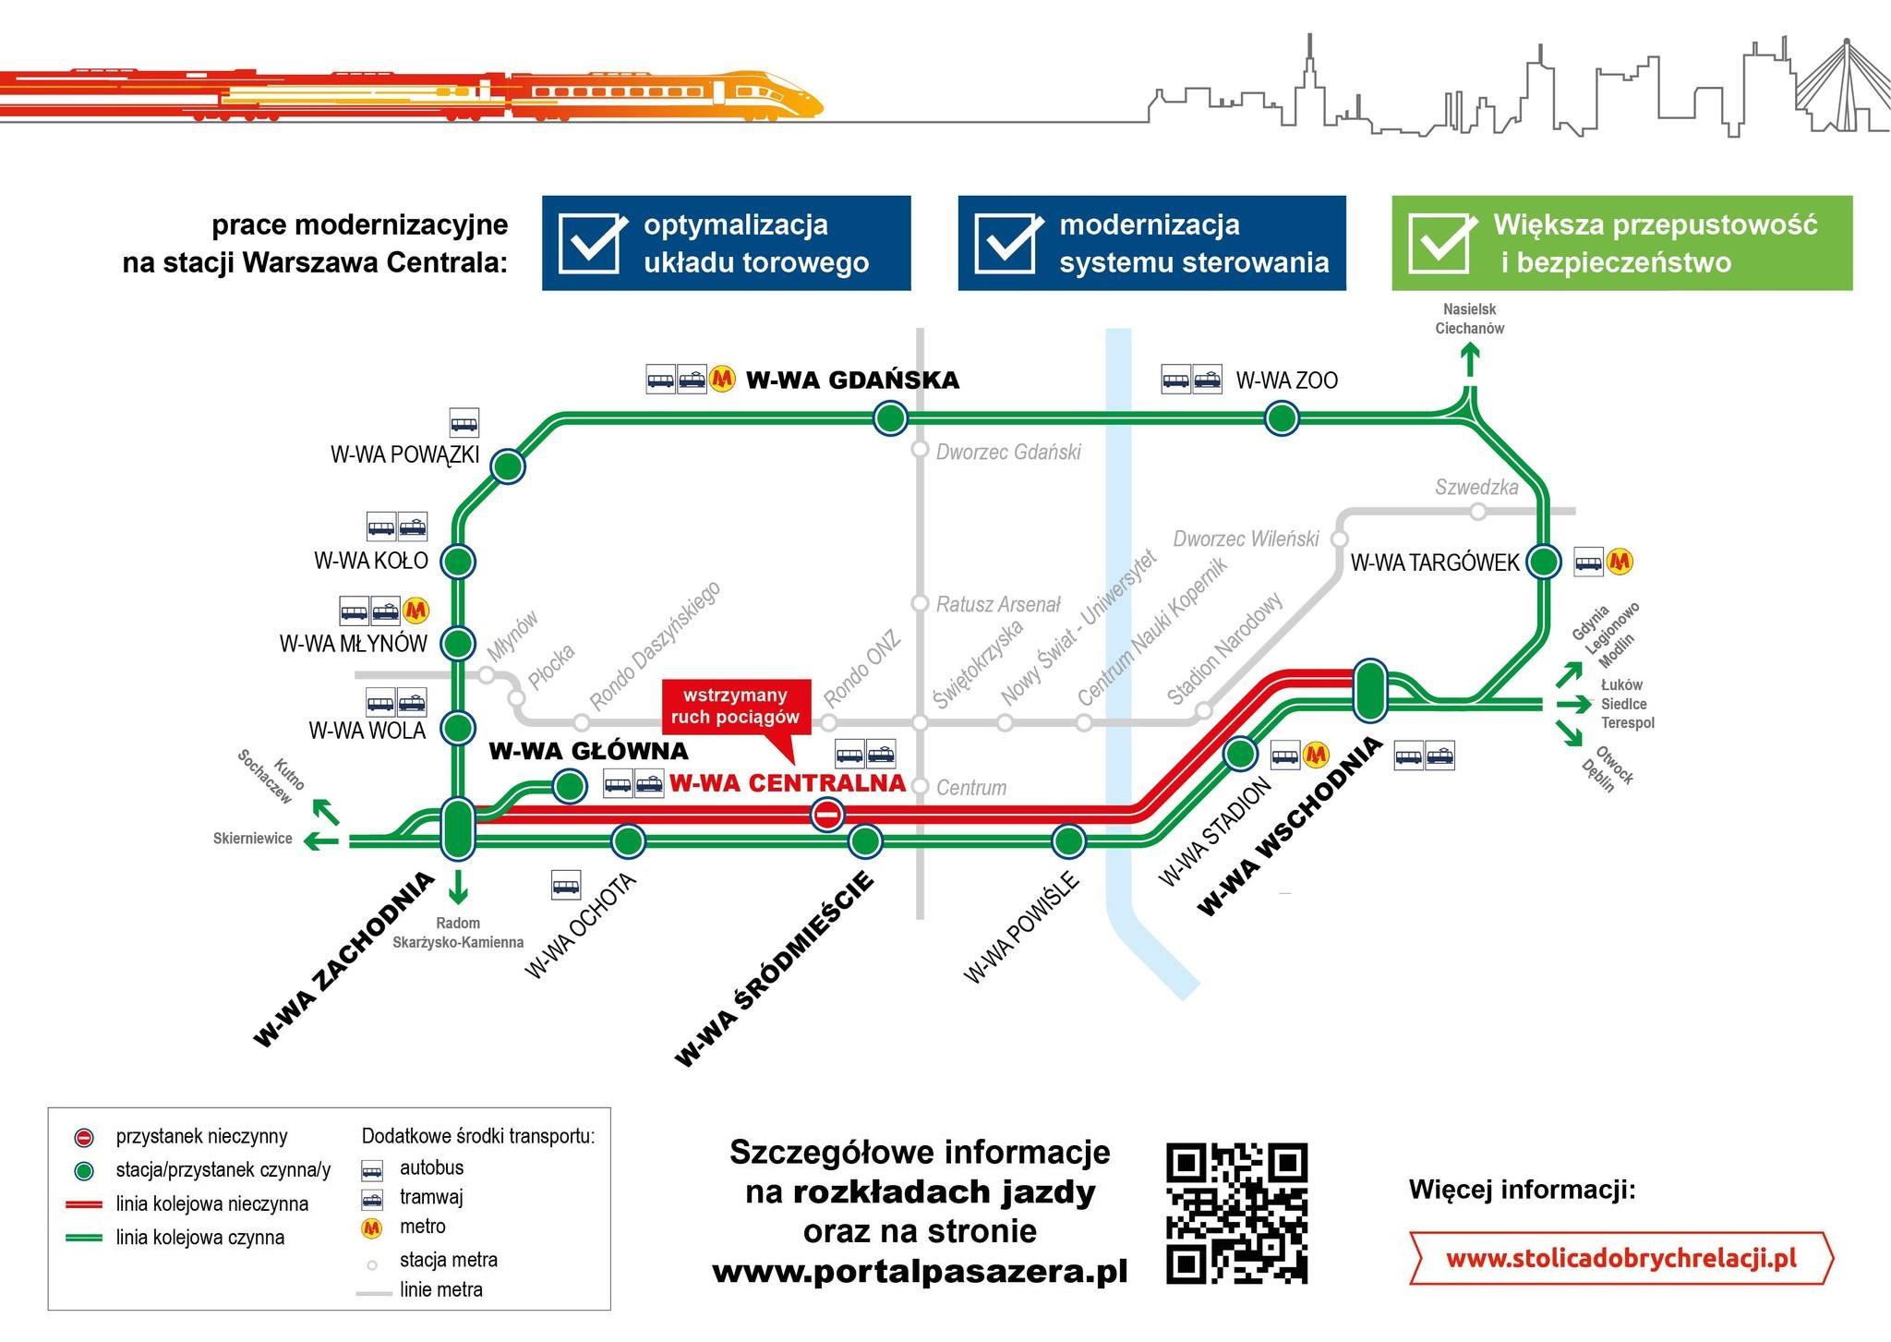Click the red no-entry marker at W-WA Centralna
point(827,815)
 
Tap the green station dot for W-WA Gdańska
point(890,418)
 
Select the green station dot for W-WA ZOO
point(1282,418)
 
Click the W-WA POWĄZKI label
point(404,454)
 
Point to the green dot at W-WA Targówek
point(1543,561)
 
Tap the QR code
point(1237,1213)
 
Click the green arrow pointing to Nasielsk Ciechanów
point(1470,360)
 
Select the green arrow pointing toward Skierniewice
point(322,840)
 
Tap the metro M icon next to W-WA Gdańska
point(722,378)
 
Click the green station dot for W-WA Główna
point(569,787)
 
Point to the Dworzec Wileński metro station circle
point(1340,538)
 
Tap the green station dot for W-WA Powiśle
point(1068,841)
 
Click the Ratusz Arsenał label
point(998,605)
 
